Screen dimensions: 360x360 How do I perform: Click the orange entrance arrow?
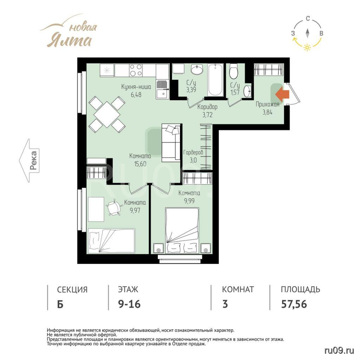(282, 94)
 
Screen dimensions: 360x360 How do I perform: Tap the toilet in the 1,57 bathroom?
(234, 71)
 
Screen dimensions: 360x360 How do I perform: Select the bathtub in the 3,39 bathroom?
(216, 80)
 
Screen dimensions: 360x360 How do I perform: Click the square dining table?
(107, 114)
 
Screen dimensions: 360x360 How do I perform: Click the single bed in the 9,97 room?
(111, 241)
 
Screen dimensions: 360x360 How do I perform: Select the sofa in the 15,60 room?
(171, 143)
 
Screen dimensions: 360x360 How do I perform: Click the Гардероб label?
(193, 152)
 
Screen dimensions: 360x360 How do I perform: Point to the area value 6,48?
(136, 94)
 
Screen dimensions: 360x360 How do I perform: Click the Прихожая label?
(268, 104)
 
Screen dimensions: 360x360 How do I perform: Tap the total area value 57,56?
(294, 304)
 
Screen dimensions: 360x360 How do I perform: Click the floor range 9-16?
(129, 304)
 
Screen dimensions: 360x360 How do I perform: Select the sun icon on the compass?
(307, 47)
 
